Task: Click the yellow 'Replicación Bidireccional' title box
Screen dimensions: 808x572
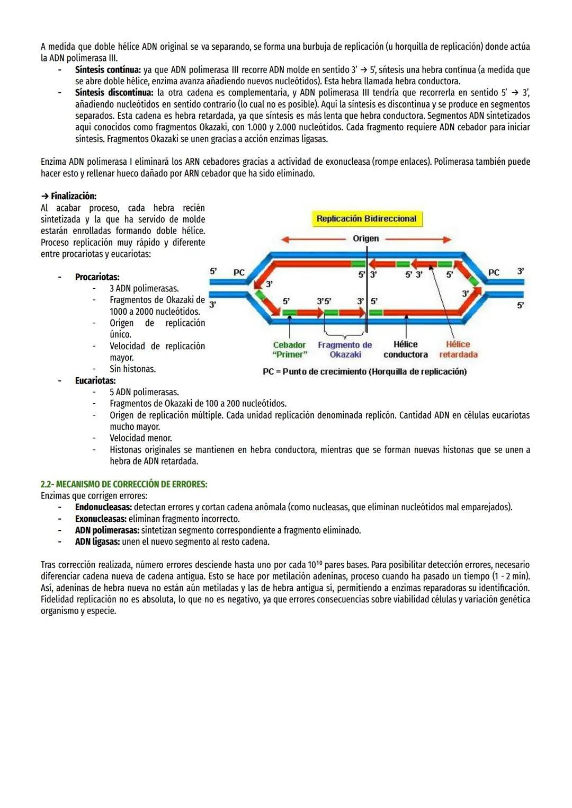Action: (367, 218)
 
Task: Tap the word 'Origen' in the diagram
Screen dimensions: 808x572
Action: (365, 238)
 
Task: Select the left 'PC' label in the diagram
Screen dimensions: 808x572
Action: (239, 272)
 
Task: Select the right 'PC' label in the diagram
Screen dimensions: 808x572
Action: (493, 272)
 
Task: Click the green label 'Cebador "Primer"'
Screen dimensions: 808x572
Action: (289, 350)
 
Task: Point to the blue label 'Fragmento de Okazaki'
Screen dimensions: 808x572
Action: (345, 350)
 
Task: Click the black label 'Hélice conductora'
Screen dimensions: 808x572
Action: (406, 350)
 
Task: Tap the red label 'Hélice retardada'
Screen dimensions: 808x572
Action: (458, 350)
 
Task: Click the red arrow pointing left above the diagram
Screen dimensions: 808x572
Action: (312, 239)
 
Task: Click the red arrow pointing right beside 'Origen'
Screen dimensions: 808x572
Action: (418, 239)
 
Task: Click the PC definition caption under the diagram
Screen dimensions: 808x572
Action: (364, 371)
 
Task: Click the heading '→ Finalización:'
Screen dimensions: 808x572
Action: (68, 196)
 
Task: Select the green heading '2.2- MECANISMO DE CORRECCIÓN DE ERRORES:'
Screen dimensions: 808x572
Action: (124, 484)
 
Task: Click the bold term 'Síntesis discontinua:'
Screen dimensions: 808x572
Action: (114, 93)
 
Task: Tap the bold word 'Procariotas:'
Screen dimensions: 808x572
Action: (97, 277)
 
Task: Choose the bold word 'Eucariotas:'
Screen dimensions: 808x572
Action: (95, 380)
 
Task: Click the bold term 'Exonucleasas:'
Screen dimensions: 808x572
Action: (101, 519)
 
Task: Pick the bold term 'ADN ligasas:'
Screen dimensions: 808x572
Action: (97, 541)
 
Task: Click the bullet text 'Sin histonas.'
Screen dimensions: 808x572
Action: (132, 369)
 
